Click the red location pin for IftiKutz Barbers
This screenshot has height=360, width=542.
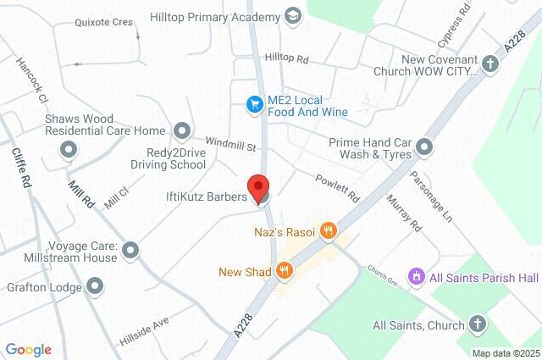pyautogui.click(x=257, y=188)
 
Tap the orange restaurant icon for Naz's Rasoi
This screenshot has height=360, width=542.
pyautogui.click(x=330, y=230)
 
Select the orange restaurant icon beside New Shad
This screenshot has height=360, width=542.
pyautogui.click(x=285, y=271)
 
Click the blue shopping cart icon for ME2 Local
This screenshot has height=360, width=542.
pyautogui.click(x=252, y=103)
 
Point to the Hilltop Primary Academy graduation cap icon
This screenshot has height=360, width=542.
pyautogui.click(x=293, y=16)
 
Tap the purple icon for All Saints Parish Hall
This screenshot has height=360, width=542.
pyautogui.click(x=416, y=277)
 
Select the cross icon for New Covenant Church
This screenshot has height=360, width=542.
pyautogui.click(x=490, y=64)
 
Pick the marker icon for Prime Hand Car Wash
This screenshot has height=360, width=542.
pyautogui.click(x=424, y=148)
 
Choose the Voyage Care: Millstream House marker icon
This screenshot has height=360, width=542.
pyautogui.click(x=130, y=250)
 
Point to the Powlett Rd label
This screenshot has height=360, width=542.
pyautogui.click(x=338, y=187)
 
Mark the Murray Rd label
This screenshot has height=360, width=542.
pyautogui.click(x=403, y=212)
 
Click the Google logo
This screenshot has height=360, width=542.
pyautogui.click(x=28, y=350)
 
